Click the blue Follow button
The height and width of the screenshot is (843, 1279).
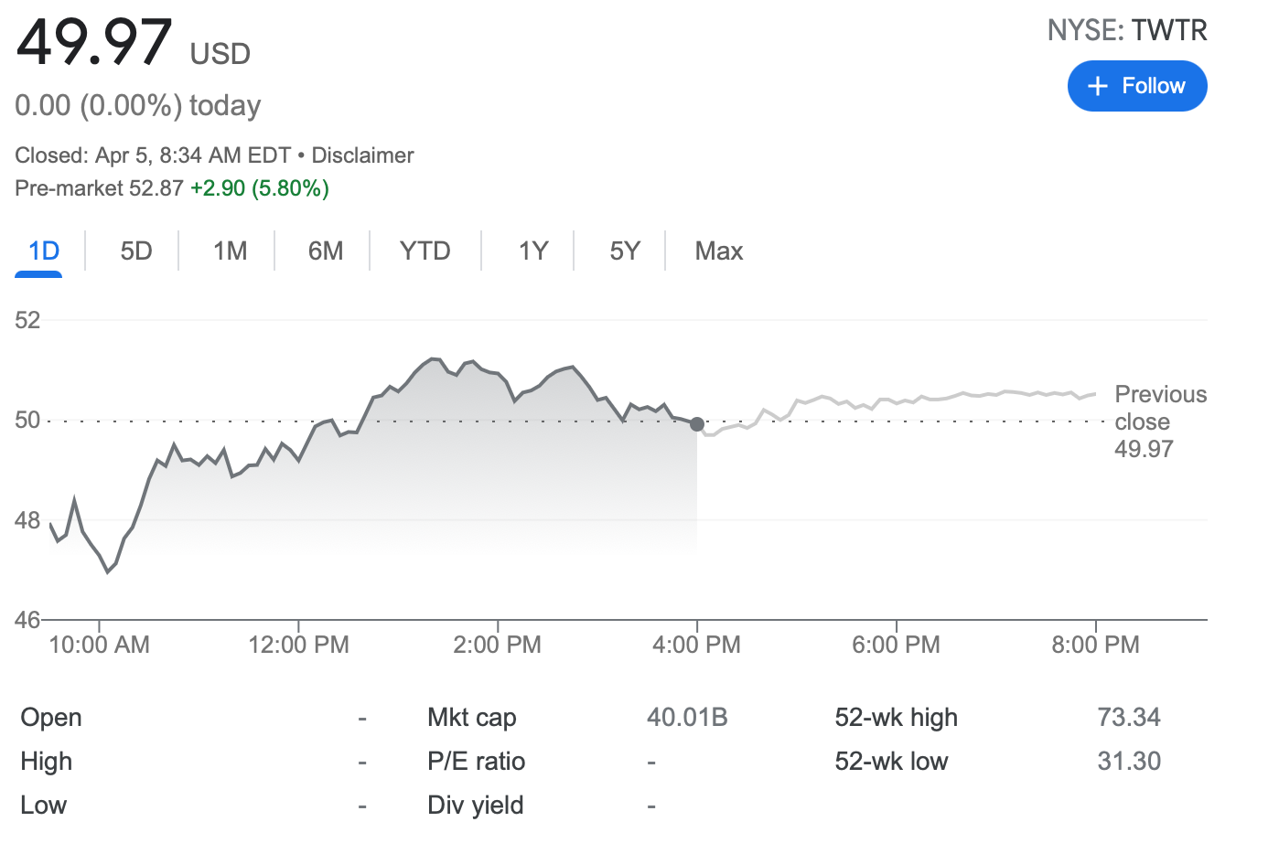coord(1136,86)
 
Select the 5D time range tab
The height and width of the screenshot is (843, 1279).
coord(136,251)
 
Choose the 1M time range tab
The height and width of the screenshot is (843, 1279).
coord(230,251)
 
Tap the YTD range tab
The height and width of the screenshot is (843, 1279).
coord(425,251)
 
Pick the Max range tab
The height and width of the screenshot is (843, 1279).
coord(718,251)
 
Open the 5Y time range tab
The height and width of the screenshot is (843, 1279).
coord(625,251)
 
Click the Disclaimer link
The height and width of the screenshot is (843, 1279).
coord(362,155)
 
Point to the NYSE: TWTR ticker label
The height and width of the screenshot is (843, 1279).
coord(1127,30)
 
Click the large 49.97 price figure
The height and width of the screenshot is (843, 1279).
coord(94,42)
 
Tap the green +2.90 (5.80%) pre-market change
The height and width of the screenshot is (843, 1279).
coord(260,188)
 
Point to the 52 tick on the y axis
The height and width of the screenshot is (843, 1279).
coord(27,320)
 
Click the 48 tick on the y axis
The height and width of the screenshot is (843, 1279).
coord(27,520)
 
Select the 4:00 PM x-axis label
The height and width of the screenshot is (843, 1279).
coord(696,645)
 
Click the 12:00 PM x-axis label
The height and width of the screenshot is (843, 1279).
coord(298,645)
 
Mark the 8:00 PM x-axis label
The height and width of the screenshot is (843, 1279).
coord(1095,645)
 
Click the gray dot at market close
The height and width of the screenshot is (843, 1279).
coord(697,424)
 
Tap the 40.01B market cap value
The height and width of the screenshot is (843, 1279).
coord(687,717)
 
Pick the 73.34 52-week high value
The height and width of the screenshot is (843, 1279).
coord(1129,717)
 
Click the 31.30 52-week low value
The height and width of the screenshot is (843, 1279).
coord(1129,761)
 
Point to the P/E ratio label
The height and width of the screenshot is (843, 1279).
coord(476,761)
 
